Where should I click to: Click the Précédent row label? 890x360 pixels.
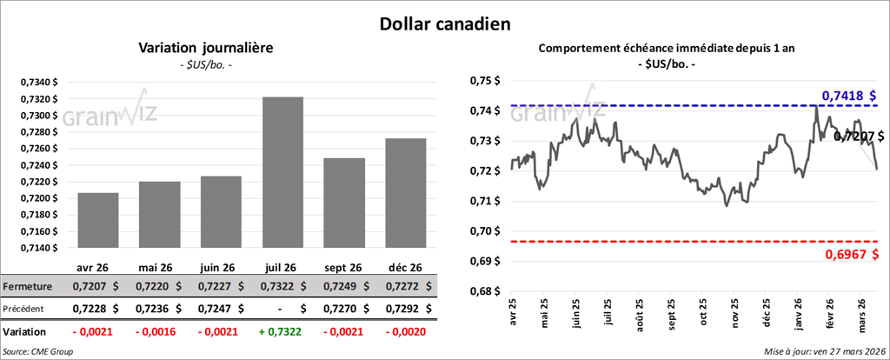click(26, 308)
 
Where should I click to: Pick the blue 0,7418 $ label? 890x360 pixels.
click(849, 95)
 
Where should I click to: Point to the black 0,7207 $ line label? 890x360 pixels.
click(858, 136)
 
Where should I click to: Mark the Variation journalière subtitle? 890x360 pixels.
click(206, 48)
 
